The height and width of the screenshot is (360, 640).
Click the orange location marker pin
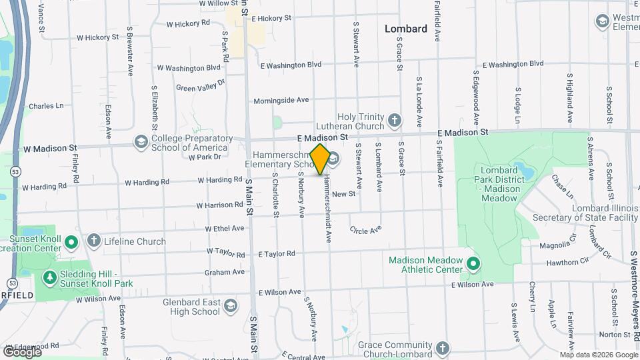coord(320,159)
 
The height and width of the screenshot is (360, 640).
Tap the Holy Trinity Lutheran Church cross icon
coord(395,121)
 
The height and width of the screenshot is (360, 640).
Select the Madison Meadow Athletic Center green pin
coord(473,265)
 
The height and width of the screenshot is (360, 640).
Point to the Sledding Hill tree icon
coord(49,277)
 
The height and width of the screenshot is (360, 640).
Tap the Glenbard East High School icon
coord(231,306)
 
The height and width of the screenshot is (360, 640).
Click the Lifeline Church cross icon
coord(94,241)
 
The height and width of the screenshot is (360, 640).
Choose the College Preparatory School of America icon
coord(141,141)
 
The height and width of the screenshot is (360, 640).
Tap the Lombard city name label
coord(405,29)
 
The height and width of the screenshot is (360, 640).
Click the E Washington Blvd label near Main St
coord(291,65)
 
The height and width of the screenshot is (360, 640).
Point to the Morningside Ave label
coord(281,100)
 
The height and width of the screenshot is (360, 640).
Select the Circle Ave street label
coord(365,229)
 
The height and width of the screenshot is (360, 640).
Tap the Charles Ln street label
coord(46,105)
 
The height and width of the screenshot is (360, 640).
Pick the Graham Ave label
coord(225,272)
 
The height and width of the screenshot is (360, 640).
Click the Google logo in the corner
coord(22,351)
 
